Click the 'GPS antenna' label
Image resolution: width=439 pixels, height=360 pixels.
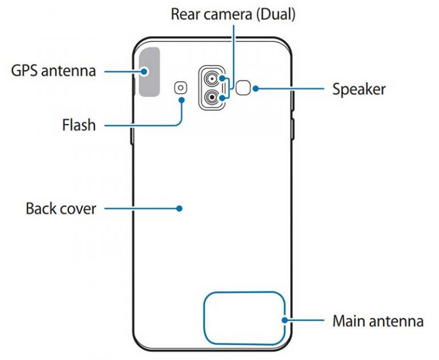(x=53, y=71)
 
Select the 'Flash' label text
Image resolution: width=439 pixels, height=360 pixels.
(x=79, y=124)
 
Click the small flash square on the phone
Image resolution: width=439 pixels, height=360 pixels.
(x=181, y=87)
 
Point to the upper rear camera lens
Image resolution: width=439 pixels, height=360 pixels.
(x=213, y=79)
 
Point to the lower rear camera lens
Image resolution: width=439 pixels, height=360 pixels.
(x=213, y=98)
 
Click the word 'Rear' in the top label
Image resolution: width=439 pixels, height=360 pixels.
(x=189, y=14)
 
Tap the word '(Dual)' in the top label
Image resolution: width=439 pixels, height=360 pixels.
(x=277, y=14)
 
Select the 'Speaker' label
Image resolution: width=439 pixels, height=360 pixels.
(x=359, y=90)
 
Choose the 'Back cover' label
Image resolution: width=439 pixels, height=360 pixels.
(x=61, y=208)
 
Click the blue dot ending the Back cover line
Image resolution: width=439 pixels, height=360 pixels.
(x=179, y=208)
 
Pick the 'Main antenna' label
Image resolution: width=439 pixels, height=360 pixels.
(x=378, y=321)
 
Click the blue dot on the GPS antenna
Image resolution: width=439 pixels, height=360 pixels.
(x=145, y=71)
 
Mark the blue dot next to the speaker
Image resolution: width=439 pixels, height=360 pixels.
(x=257, y=89)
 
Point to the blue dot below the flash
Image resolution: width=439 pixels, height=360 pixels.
(x=182, y=99)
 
